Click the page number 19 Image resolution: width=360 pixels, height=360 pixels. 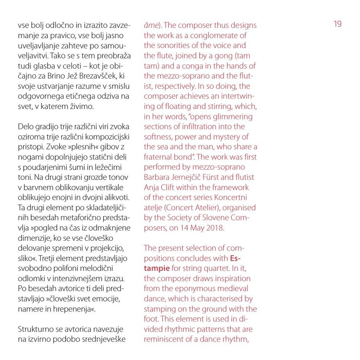coord(338,24)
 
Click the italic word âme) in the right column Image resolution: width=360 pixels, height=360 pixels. coord(152,25)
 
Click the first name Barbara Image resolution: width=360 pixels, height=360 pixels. coord(158,177)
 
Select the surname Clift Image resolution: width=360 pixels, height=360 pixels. coord(168,187)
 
